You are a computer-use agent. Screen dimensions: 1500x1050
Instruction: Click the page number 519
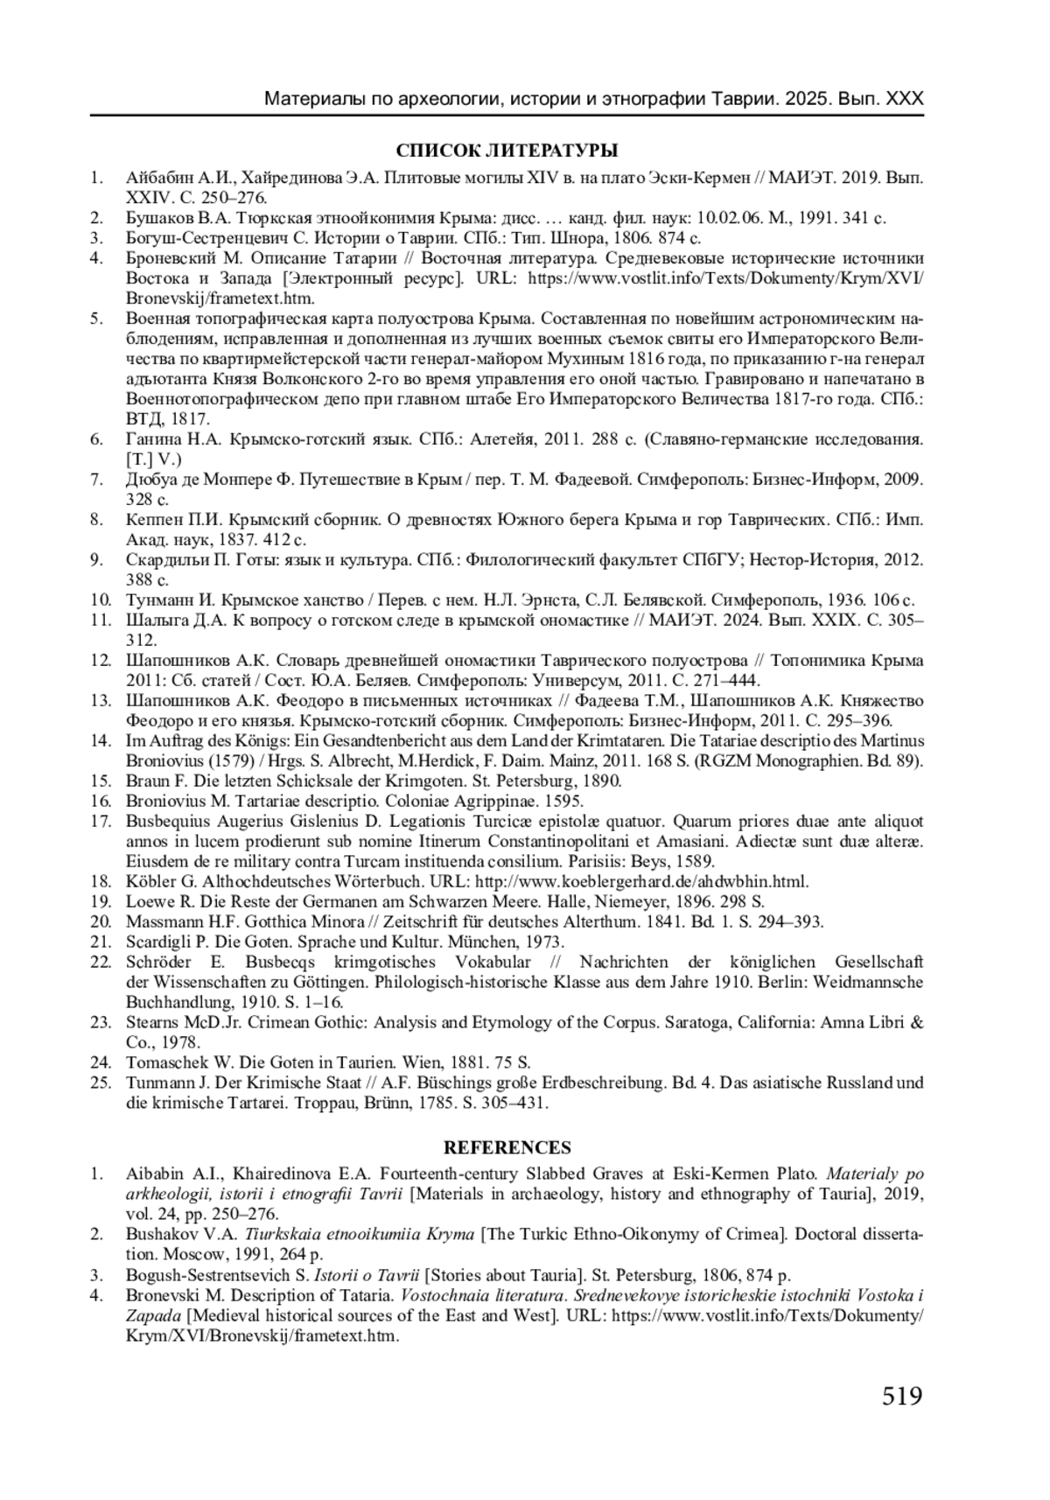coord(902,1395)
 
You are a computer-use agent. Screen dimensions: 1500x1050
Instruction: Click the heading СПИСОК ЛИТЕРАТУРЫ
coord(507,150)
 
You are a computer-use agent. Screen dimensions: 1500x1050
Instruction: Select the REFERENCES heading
coord(507,1147)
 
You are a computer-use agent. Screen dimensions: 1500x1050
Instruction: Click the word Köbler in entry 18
coord(150,881)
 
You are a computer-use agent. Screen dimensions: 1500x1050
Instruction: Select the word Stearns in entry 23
coord(152,1022)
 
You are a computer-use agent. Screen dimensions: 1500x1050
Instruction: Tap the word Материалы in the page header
coord(310,98)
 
